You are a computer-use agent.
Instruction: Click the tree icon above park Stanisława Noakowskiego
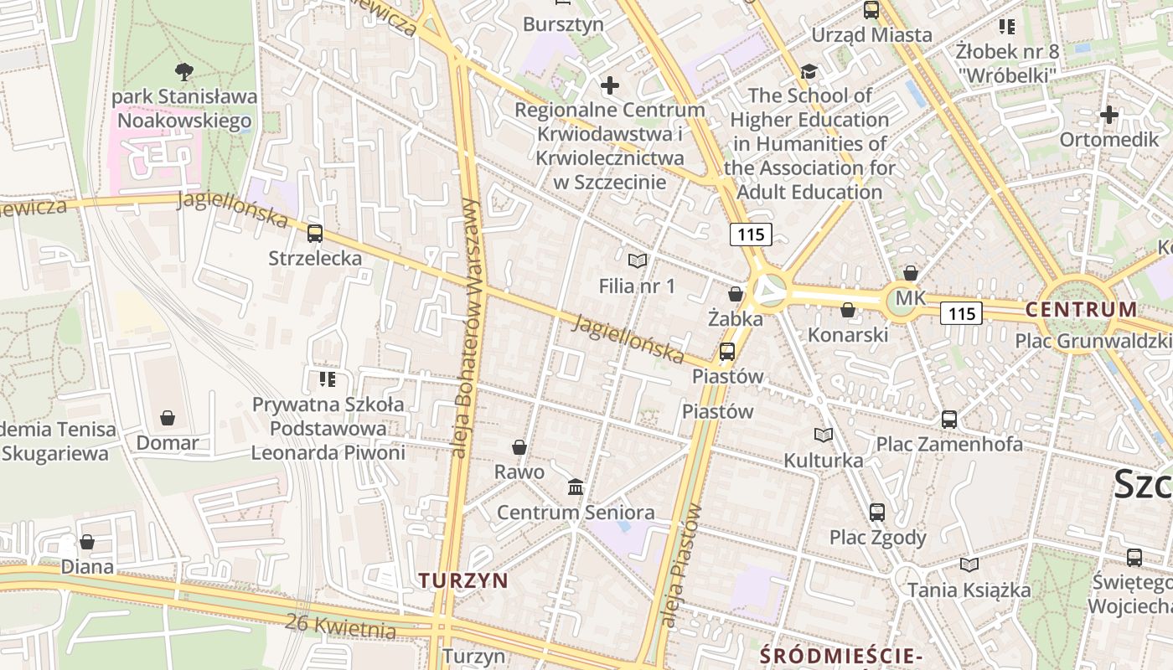184,71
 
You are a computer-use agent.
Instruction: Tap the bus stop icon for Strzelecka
315,234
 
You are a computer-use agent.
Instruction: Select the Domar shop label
168,442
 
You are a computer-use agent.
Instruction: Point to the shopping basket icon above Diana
87,542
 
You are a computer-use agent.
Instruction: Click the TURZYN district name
463,580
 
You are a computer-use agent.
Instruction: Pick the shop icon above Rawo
519,447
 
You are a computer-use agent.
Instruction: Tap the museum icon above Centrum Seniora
576,487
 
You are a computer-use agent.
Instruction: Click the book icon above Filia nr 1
638,261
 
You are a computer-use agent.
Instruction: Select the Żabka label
735,319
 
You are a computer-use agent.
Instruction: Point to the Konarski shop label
847,335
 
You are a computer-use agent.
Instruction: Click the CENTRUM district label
1082,309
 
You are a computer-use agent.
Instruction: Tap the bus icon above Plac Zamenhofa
949,419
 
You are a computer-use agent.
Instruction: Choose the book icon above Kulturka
824,435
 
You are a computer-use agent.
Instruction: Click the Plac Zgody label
877,537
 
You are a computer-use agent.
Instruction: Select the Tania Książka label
969,590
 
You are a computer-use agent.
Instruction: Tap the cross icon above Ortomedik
1109,115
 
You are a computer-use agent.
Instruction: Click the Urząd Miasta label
871,35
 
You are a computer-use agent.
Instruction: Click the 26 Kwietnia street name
339,625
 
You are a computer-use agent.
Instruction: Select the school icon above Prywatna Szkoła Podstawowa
328,379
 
